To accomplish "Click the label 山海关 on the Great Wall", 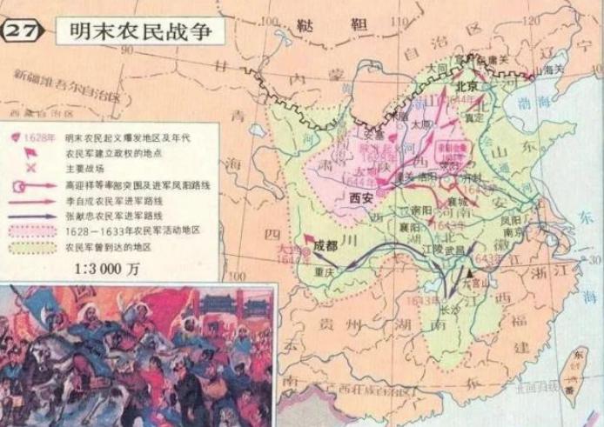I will [x=550, y=66].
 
